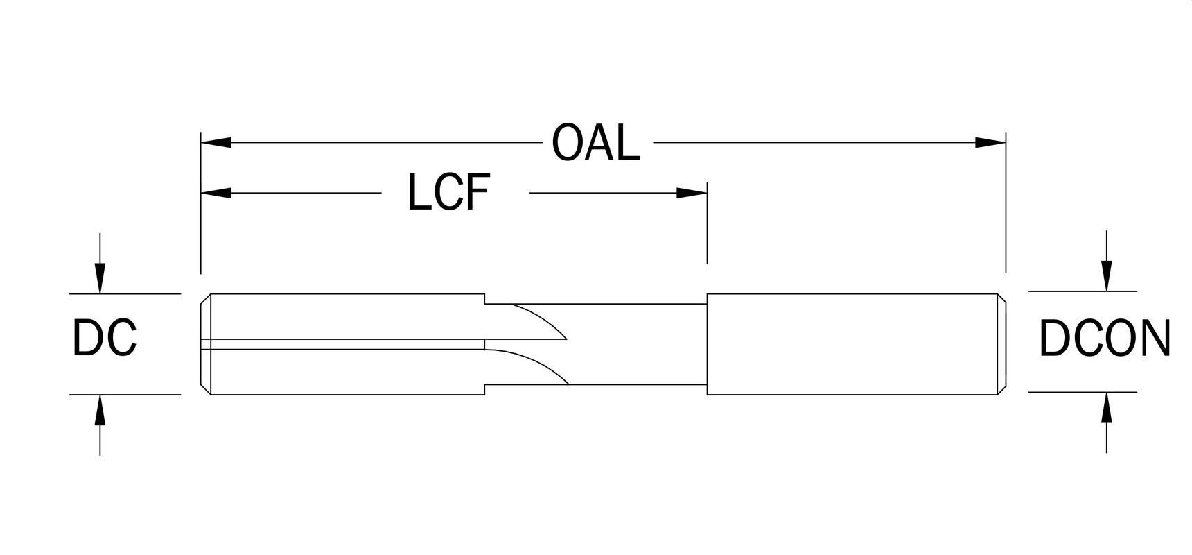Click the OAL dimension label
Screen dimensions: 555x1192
click(595, 143)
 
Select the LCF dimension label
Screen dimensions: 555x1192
click(449, 192)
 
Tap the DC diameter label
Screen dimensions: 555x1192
click(105, 339)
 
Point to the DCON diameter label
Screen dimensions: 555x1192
click(1104, 339)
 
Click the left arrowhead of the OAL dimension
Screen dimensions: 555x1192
click(216, 142)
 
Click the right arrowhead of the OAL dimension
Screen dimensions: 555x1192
click(990, 142)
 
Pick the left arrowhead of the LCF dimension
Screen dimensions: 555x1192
click(216, 192)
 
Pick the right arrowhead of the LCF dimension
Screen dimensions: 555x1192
click(692, 192)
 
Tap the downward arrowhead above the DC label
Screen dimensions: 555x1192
click(100, 279)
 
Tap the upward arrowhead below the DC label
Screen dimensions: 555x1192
click(100, 409)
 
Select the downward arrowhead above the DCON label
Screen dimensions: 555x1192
click(1107, 276)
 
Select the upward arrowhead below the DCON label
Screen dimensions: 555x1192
click(1107, 407)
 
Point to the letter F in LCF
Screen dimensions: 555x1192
click(477, 192)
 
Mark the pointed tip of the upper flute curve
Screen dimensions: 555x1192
click(566, 339)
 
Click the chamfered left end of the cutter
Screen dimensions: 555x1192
click(205, 344)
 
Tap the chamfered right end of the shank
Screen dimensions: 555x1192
click(1002, 343)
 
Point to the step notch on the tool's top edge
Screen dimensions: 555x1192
click(484, 299)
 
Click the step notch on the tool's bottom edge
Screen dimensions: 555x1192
click(484, 389)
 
